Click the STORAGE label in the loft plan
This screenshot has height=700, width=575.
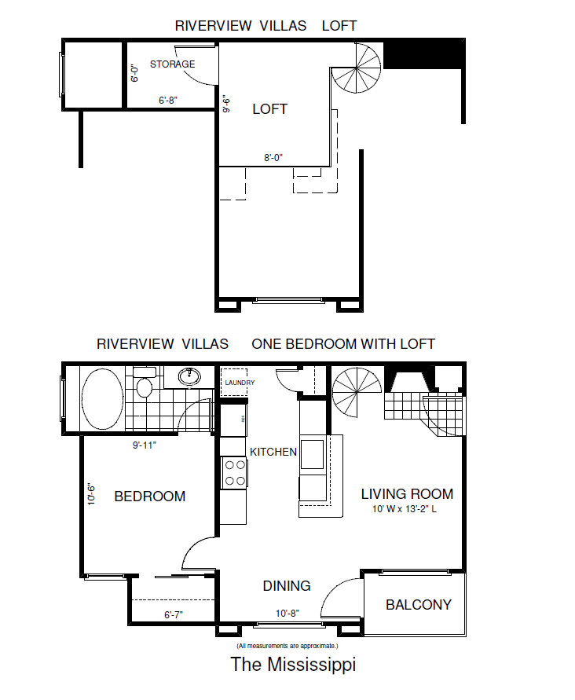(x=172, y=64)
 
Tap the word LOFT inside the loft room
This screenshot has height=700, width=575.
(x=269, y=109)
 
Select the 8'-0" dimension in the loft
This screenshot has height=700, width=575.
(x=273, y=157)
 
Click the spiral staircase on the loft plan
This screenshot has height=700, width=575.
(x=356, y=68)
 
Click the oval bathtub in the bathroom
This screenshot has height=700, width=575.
(x=101, y=399)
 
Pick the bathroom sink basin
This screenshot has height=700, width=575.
(x=189, y=376)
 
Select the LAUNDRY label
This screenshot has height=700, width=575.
(x=240, y=383)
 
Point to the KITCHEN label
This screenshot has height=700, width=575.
(x=273, y=452)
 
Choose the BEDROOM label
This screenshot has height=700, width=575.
(x=150, y=497)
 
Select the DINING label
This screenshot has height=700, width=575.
(x=287, y=585)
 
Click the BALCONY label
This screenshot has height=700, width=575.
(x=419, y=604)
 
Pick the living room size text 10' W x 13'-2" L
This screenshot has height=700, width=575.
(x=408, y=509)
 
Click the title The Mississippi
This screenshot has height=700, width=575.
(x=293, y=664)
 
